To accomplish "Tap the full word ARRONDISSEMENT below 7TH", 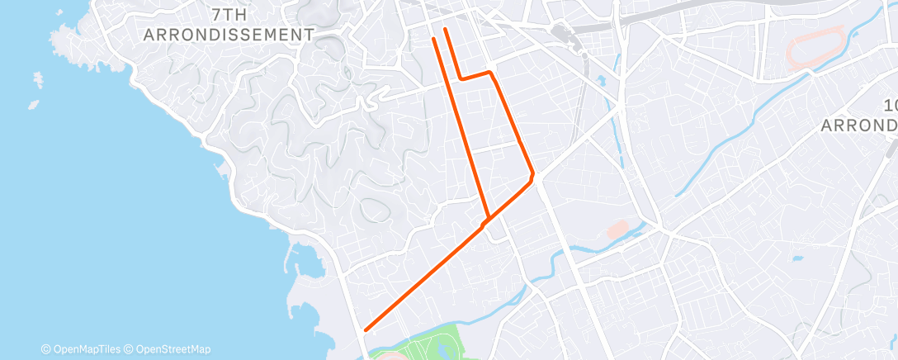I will tap(229, 35).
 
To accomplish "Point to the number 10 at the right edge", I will tap(890, 105).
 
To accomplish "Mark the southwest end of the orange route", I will tap(366, 330).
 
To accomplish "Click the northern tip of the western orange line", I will tap(434, 39).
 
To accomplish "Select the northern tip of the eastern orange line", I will tap(446, 30).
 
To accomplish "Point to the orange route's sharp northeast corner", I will tap(491, 73).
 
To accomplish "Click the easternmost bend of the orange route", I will tap(532, 175).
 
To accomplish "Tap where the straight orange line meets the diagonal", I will tap(489, 219).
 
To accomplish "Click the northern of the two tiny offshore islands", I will tap(38, 79).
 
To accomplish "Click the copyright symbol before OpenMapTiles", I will tap(45, 349).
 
